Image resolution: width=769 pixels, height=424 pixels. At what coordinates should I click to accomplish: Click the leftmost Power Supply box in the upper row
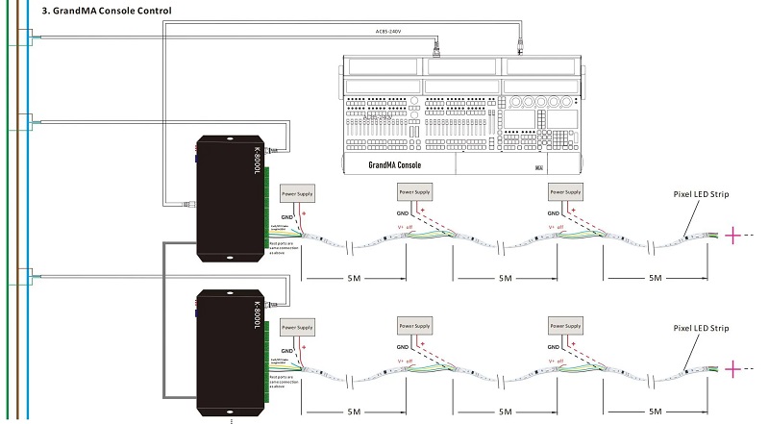pos(296,192)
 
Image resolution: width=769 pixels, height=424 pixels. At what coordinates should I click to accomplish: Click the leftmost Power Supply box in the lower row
pos(296,326)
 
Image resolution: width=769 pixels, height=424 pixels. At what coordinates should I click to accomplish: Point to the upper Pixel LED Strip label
pos(701,195)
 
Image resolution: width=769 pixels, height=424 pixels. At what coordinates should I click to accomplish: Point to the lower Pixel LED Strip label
pos(701,329)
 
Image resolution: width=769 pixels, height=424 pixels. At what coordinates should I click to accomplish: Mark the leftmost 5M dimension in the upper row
pos(355,278)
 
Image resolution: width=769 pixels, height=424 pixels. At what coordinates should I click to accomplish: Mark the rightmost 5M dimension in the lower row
pos(657,411)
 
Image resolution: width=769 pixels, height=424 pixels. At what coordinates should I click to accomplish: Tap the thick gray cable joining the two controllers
pos(165,317)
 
